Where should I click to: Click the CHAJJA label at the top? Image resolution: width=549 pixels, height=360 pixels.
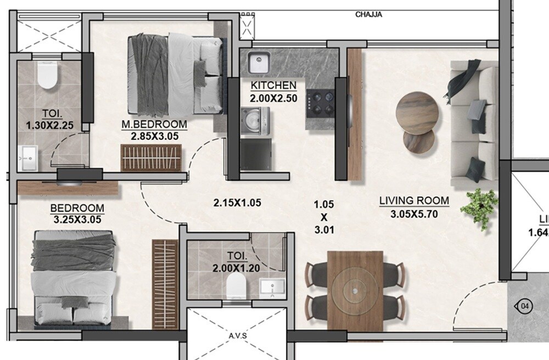click(x=368, y=15)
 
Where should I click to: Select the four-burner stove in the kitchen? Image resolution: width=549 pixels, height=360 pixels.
click(x=321, y=103)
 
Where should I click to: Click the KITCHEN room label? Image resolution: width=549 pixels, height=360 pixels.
click(x=273, y=86)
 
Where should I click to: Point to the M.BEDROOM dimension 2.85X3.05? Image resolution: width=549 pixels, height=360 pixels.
click(x=154, y=137)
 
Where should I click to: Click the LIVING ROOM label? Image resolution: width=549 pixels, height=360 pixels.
click(x=414, y=201)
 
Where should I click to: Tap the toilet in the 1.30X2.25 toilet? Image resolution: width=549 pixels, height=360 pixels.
click(x=47, y=76)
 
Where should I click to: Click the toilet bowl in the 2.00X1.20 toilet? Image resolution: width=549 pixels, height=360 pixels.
click(x=236, y=285)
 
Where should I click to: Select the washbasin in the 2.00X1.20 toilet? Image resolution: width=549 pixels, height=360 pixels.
click(x=272, y=286)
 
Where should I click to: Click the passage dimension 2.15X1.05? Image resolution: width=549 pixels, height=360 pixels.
click(x=237, y=203)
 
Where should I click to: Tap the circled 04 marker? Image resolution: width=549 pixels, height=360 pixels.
click(x=525, y=305)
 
